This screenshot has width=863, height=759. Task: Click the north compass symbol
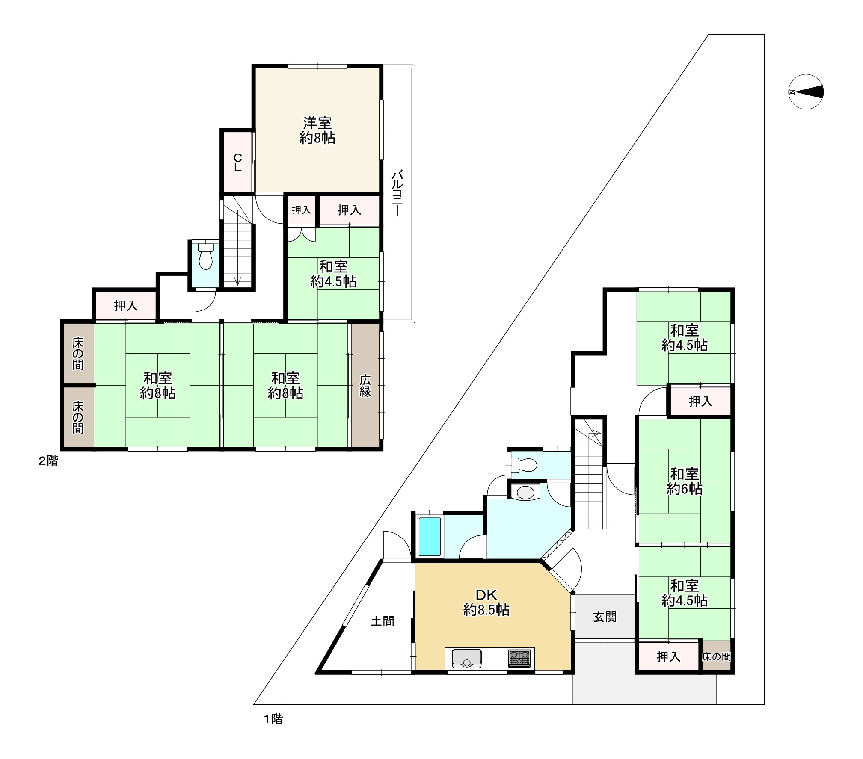806,92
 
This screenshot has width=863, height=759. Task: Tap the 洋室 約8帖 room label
317,130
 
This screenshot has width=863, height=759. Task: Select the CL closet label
237,163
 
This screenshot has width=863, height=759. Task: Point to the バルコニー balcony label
397,193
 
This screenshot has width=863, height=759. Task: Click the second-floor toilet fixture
206,256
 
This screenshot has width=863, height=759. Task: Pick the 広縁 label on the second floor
365,386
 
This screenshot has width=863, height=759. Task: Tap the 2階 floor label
48,461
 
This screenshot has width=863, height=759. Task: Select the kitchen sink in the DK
467,659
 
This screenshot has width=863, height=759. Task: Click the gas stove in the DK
519,659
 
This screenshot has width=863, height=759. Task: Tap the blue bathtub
430,537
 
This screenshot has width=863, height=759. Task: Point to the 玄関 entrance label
605,617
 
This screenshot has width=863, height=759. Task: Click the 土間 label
382,621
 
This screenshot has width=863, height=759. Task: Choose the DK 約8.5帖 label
486,602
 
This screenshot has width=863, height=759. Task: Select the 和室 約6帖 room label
685,481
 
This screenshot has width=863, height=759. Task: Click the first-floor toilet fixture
524,464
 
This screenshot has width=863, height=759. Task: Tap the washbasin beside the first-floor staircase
526,493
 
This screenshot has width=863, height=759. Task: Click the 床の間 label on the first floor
716,656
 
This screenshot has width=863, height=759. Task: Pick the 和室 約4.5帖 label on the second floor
333,274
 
